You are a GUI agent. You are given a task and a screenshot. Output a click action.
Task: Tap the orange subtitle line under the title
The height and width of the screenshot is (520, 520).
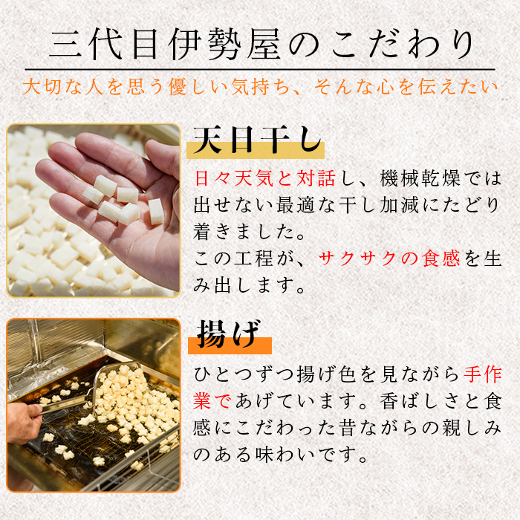pyautogui.click(x=260, y=87)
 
